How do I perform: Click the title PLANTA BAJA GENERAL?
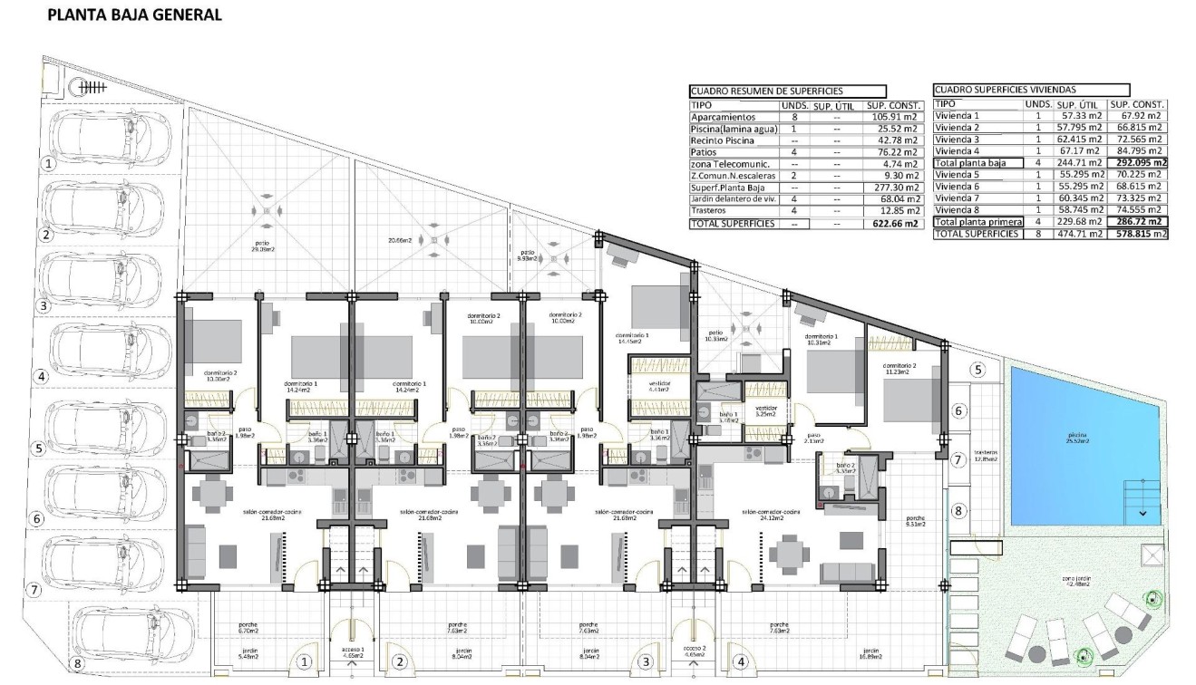[x=133, y=14]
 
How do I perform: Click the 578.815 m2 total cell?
[x=1136, y=234]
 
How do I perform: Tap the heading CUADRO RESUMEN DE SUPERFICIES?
[x=766, y=91]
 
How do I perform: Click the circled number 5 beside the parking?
[x=37, y=448]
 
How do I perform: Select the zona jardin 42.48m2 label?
[x=1082, y=582]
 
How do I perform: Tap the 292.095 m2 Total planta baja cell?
[x=1136, y=163]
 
